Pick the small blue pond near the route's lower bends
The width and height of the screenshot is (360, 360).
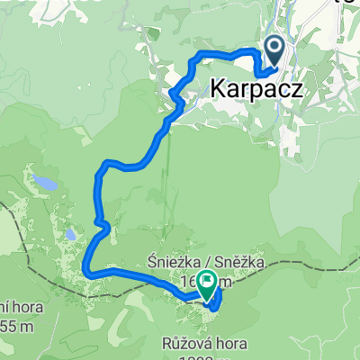pyautogui.click(x=68, y=237)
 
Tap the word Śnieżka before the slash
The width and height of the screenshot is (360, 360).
pyautogui.click(x=166, y=262)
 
